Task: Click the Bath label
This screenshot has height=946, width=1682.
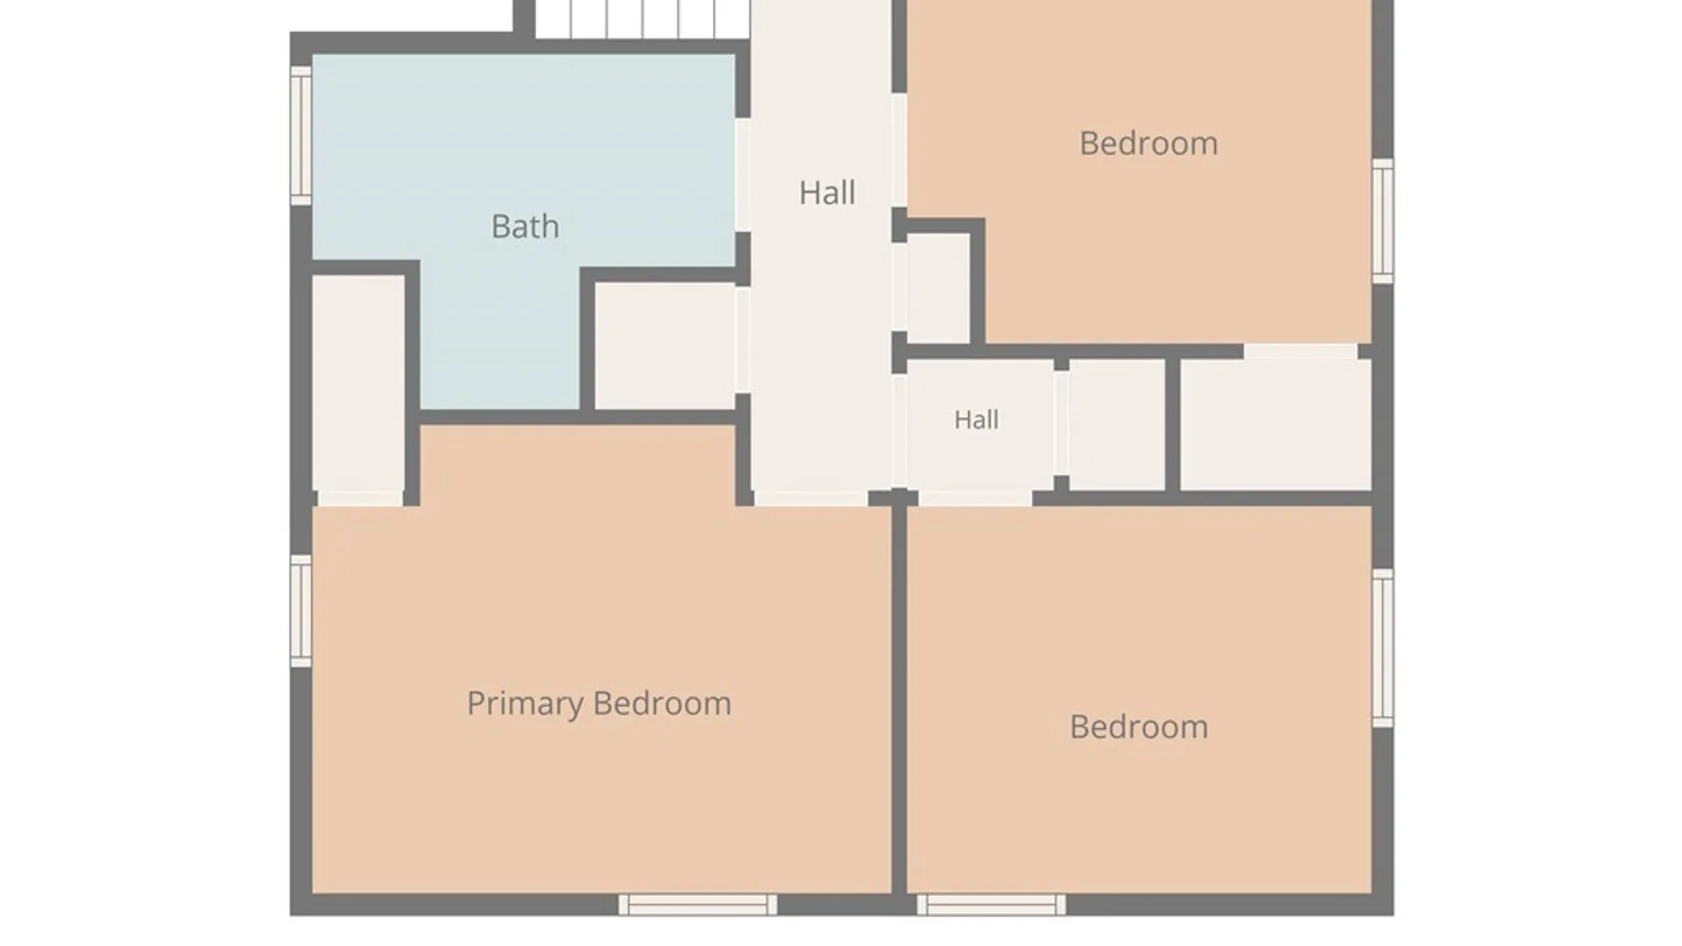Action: tap(525, 227)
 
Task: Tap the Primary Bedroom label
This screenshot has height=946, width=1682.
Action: tap(599, 703)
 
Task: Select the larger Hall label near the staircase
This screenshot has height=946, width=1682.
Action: tap(827, 193)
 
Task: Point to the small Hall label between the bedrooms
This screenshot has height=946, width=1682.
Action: tap(976, 420)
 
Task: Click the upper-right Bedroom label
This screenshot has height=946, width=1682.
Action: tap(1148, 144)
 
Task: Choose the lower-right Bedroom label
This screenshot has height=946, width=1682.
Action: tap(1139, 727)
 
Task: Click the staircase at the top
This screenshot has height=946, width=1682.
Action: tap(642, 19)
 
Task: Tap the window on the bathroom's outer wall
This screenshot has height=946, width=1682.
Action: tap(301, 136)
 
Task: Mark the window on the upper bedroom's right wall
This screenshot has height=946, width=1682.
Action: tap(1382, 221)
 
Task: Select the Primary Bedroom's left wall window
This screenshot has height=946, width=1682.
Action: tap(301, 611)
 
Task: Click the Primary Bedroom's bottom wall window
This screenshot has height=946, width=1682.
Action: tap(697, 905)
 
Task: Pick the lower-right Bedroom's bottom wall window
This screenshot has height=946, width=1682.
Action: tap(992, 905)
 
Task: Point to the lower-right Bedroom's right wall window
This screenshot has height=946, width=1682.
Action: tap(1382, 648)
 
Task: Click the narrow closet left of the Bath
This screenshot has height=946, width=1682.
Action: tap(358, 384)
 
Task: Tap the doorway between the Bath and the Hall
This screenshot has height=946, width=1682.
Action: tap(743, 175)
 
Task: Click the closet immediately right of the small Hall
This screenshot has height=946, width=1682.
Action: tap(1117, 425)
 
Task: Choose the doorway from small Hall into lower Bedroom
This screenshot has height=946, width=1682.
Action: tap(975, 498)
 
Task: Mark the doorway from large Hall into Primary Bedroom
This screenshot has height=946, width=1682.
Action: tap(811, 498)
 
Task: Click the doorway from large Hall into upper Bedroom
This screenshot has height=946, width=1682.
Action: tap(900, 151)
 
